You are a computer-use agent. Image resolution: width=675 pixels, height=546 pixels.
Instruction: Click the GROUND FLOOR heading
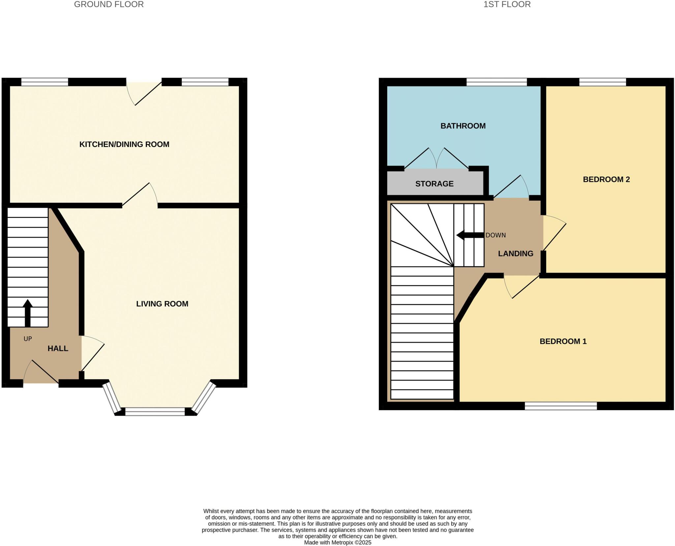coord(109,5)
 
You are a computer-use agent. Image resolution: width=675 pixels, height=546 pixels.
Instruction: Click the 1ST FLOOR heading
coord(507,5)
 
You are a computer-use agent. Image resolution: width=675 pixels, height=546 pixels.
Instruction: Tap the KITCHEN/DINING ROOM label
coord(124,144)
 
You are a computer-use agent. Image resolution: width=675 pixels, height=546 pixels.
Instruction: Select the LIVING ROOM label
coord(162,304)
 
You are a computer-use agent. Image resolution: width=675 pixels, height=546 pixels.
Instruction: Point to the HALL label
coord(58,349)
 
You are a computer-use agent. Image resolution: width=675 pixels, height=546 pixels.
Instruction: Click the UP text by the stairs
coord(28,339)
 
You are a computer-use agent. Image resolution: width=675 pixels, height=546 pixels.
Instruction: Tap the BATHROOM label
coord(463,126)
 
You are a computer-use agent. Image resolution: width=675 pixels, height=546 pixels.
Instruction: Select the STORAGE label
coord(434,184)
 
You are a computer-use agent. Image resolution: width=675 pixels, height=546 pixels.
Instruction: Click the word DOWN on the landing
coord(496,235)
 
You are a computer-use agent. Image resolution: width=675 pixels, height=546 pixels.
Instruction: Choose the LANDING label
coord(515,254)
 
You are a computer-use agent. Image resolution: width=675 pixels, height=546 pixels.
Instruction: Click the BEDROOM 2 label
coord(606,179)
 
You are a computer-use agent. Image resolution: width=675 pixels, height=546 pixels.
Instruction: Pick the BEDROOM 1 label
coord(563,342)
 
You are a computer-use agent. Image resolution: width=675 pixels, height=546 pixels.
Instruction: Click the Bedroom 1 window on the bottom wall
coord(561,406)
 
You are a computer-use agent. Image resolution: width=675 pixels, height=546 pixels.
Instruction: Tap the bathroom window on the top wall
coord(497,82)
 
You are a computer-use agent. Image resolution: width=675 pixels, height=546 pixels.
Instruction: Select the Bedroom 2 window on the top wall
coord(602,82)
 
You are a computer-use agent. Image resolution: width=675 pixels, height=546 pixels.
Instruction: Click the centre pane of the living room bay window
coord(155,411)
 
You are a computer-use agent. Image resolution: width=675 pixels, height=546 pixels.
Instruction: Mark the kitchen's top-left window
coord(45,82)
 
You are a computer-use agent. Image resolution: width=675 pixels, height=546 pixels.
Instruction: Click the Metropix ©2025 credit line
coord(337,542)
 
